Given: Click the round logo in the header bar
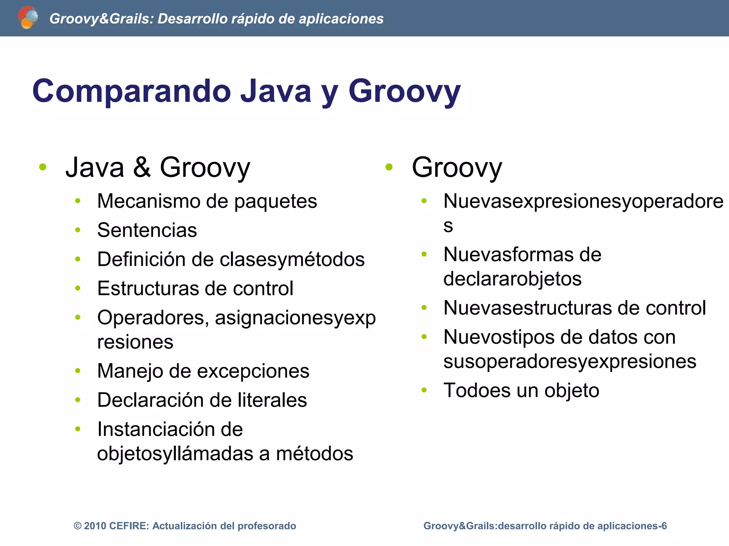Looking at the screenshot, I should tap(27, 18).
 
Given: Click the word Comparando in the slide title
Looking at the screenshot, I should tap(132, 91).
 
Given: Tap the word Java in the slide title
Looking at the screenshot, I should tap(276, 91).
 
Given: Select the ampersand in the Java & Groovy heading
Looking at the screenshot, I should tap(142, 167).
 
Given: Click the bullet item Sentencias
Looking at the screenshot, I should tap(147, 230).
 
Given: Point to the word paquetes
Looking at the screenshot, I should tap(275, 202).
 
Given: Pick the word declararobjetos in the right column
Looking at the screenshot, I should tap(512, 279).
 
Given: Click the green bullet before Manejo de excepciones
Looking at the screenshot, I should tap(78, 371).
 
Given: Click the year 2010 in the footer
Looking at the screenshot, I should tap(95, 526).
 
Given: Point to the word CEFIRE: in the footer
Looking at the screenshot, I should tap(129, 526).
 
